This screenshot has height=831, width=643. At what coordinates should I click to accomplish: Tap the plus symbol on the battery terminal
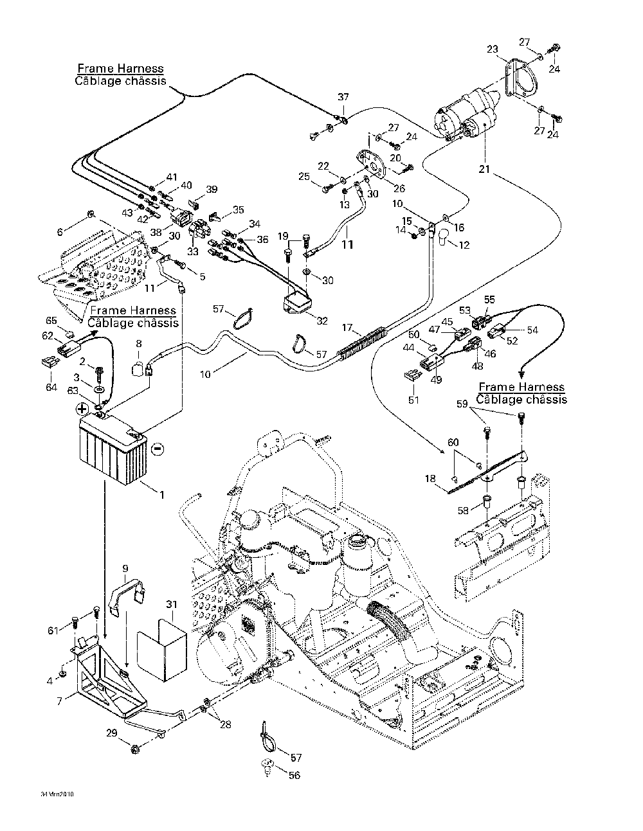pyautogui.click(x=83, y=409)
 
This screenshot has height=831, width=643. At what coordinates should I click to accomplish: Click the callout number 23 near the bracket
pyautogui.click(x=492, y=48)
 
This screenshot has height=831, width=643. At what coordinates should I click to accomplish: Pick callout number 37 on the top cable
pyautogui.click(x=343, y=97)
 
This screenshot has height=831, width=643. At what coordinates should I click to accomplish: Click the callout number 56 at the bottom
pyautogui.click(x=293, y=776)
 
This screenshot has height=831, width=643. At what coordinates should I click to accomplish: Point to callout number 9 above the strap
pyautogui.click(x=125, y=567)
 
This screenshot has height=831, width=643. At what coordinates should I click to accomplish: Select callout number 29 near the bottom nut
pyautogui.click(x=112, y=733)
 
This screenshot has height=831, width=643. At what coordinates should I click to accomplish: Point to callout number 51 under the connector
pyautogui.click(x=413, y=400)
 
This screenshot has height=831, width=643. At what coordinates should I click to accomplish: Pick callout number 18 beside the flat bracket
pyautogui.click(x=430, y=478)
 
